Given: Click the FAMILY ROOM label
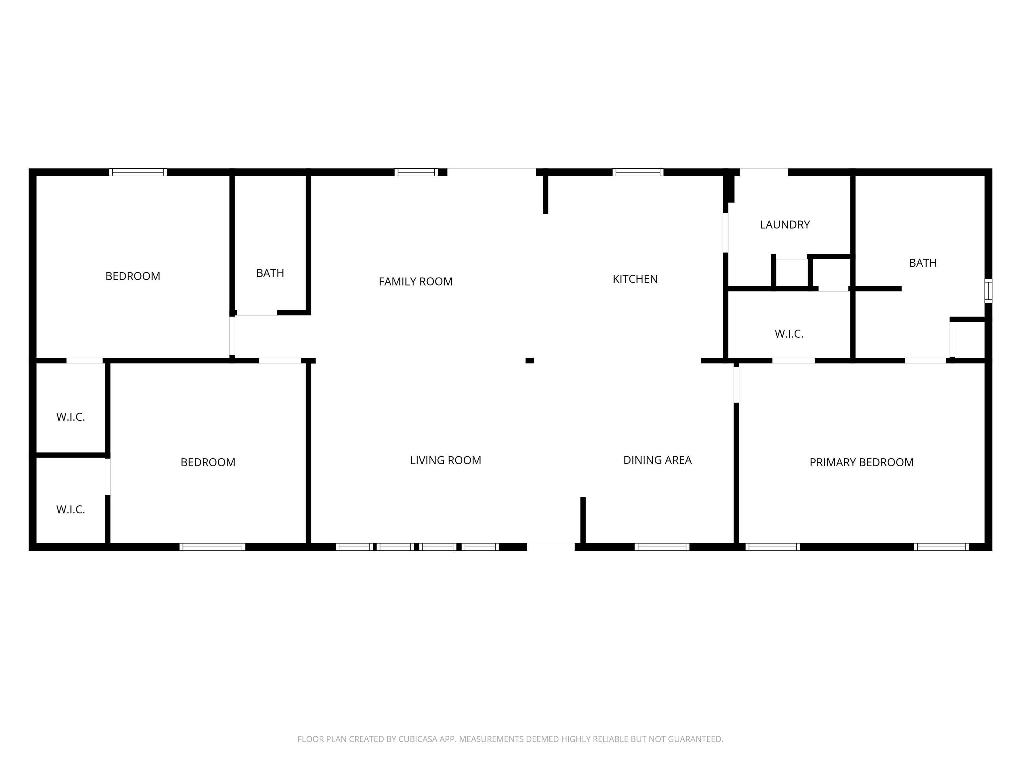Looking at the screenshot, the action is point(415,281).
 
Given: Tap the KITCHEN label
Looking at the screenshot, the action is point(635,279).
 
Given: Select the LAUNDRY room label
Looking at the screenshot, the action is point(785,224).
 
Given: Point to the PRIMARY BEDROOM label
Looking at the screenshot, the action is point(861,462).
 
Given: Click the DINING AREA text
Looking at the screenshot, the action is point(657,460).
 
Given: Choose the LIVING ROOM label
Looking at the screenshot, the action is point(445,460).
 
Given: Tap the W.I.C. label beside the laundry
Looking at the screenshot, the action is point(789,334).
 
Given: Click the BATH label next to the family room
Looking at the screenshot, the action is point(270,273).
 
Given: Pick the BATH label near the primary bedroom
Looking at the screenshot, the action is point(923,263).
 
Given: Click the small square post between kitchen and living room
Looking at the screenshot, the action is point(530,361).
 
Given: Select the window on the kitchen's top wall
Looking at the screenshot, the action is point(638,172).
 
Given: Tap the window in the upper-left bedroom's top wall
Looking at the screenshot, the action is point(138,172).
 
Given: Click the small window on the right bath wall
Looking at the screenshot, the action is point(988,291).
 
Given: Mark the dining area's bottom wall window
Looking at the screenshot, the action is point(662,547).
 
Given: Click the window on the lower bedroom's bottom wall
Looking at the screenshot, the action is point(212,547).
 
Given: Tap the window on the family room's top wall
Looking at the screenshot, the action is point(416,172).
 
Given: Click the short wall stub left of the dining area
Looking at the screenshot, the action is point(583,520).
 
